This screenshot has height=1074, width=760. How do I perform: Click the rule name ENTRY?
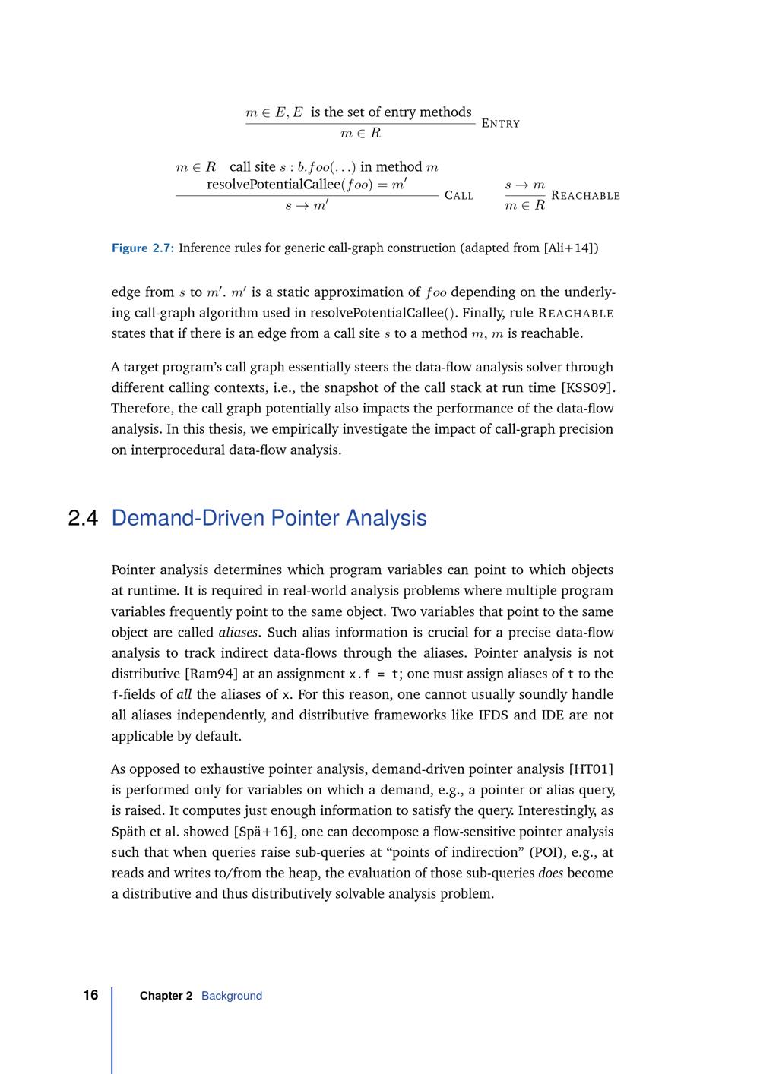(500, 124)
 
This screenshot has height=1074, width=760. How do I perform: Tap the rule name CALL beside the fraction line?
(458, 196)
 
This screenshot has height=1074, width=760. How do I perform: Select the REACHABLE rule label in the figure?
(585, 196)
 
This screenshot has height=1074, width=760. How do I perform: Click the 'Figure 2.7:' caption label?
(143, 248)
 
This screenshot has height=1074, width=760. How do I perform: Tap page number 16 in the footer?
(90, 995)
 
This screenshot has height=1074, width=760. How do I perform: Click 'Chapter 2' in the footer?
(166, 996)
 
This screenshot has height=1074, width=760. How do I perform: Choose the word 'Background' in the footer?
(232, 996)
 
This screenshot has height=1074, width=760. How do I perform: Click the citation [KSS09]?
(587, 388)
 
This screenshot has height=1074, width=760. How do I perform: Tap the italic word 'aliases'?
(238, 633)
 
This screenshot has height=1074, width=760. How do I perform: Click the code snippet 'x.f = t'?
(375, 674)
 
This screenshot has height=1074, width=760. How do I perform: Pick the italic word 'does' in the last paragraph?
(550, 873)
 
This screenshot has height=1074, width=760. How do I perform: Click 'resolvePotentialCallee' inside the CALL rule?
(274, 185)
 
